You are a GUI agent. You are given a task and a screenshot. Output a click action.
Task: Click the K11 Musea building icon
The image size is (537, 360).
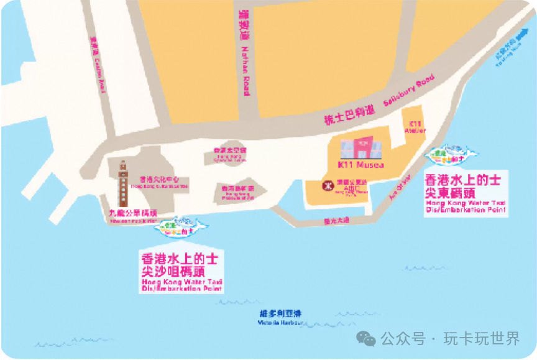click(362, 148)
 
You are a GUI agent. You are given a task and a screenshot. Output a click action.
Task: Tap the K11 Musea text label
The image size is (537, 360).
click(361, 165)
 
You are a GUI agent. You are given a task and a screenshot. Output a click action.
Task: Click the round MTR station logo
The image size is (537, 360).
click(326, 185)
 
